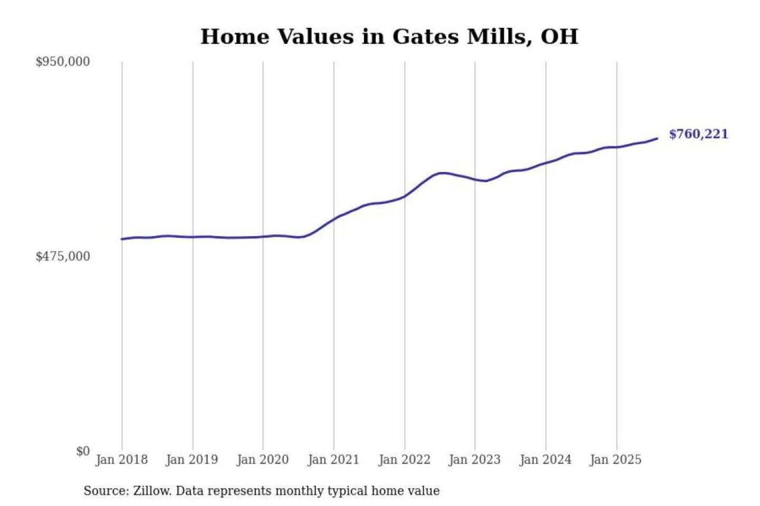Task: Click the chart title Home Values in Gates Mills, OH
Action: click(389, 36)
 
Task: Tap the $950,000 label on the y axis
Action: click(63, 62)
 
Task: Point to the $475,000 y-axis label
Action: click(63, 256)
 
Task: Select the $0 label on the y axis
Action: click(83, 451)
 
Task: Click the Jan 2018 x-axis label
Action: click(121, 460)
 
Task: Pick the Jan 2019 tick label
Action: click(192, 460)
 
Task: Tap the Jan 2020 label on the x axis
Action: click(262, 460)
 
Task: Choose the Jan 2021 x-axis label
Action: click(333, 460)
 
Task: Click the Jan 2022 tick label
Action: click(404, 460)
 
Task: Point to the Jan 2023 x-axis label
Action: click(474, 460)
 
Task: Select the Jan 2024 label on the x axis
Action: click(545, 460)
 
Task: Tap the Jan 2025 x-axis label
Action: click(615, 460)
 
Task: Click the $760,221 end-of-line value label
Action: click(698, 134)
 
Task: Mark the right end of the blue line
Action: click(657, 139)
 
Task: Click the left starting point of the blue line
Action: click(122, 239)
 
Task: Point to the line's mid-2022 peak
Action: click(442, 173)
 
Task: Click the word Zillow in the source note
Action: click(152, 491)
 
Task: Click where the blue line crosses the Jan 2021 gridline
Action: click(334, 219)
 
